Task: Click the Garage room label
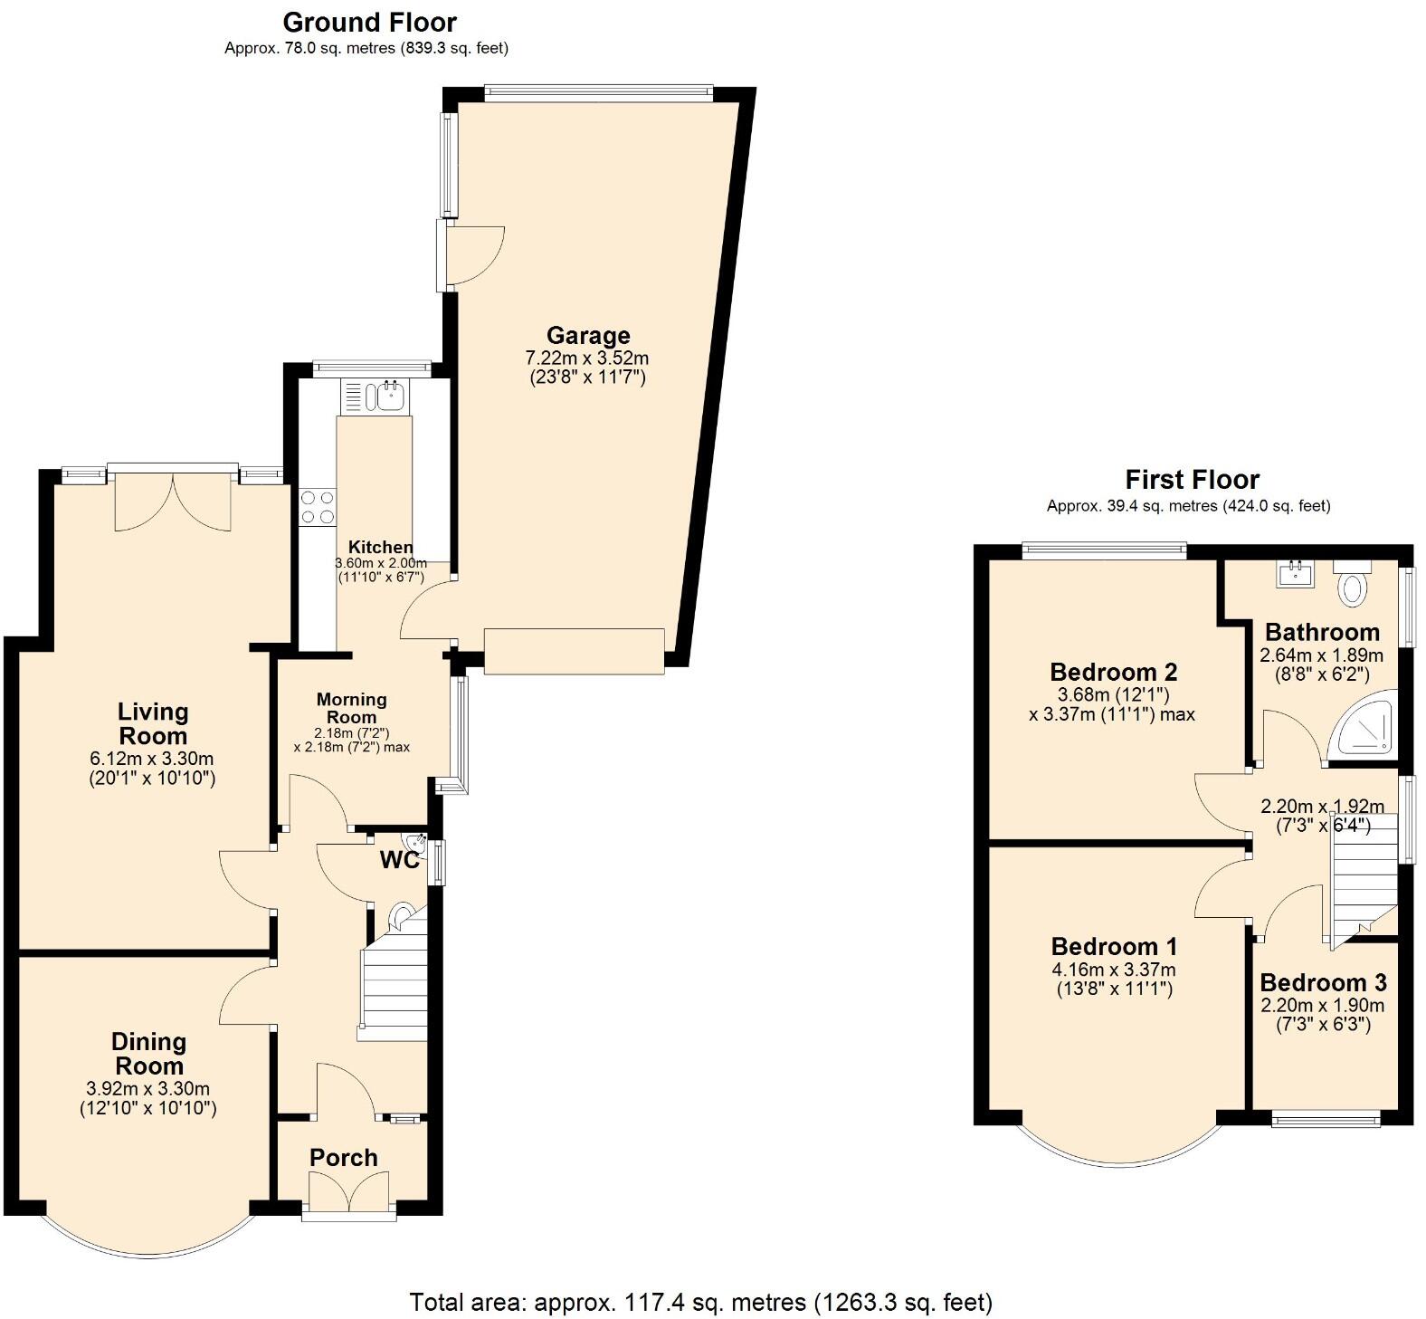tap(587, 336)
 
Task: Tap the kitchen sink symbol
tap(391, 396)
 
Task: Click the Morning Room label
tap(351, 707)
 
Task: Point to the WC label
tap(399, 860)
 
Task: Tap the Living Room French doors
tap(174, 501)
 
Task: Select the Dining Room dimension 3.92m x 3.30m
tap(148, 1089)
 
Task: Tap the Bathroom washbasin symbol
tap(1297, 572)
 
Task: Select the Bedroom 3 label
tap(1322, 982)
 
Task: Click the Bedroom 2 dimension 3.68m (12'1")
tap(1113, 695)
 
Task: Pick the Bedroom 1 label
tap(1114, 947)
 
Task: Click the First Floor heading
tap(1192, 479)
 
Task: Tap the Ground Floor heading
tap(369, 22)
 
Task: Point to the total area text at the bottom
tap(701, 1302)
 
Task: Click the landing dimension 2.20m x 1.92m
tap(1322, 806)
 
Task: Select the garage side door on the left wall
tap(471, 255)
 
